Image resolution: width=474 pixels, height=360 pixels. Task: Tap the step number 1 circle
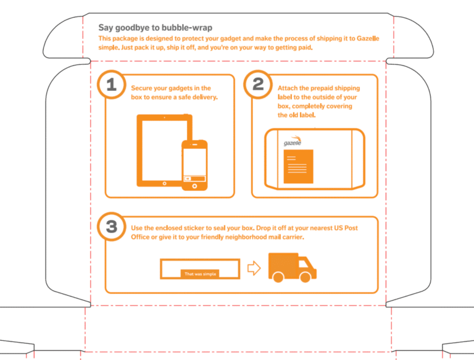(111, 85)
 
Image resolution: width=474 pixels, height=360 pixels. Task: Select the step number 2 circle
(257, 85)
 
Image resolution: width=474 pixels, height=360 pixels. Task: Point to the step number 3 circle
(111, 227)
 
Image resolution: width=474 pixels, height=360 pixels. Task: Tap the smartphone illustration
(194, 165)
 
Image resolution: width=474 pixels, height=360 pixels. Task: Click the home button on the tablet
(164, 183)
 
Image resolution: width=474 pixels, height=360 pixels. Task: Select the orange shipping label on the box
(298, 166)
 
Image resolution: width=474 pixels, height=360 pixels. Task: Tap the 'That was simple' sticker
(201, 274)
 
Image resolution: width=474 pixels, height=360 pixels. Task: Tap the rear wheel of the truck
(278, 278)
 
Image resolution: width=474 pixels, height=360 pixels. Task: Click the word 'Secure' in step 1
(142, 88)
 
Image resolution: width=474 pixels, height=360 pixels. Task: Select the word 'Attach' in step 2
(288, 88)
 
